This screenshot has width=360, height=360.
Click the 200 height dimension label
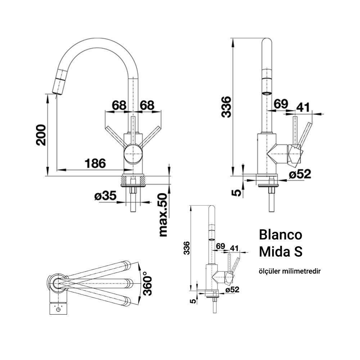click(x=41, y=135)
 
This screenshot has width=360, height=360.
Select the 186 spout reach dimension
click(x=95, y=163)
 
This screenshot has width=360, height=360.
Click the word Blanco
click(x=280, y=235)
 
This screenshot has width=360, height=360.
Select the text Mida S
click(x=280, y=252)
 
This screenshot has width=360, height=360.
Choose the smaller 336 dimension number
click(x=186, y=248)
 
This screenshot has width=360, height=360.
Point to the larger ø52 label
click(x=300, y=174)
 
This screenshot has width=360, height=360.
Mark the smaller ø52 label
click(x=232, y=289)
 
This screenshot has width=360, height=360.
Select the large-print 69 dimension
click(x=281, y=104)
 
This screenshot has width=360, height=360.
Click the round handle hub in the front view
click(x=133, y=154)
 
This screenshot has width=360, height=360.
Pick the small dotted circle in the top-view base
click(x=58, y=309)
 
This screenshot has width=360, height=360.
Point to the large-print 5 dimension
click(x=237, y=193)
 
